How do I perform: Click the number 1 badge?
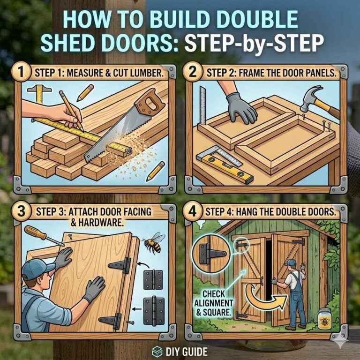tap(21, 74)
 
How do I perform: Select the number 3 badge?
tap(21, 211)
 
